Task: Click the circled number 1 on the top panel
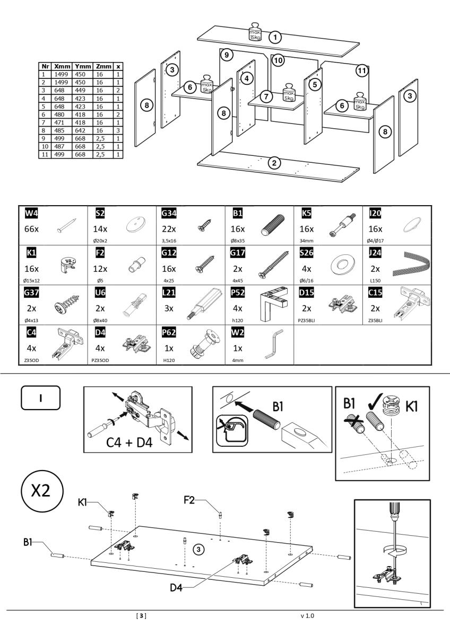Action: (x=275, y=37)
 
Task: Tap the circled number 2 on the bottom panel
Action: (x=274, y=163)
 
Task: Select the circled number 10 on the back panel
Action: (x=278, y=60)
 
